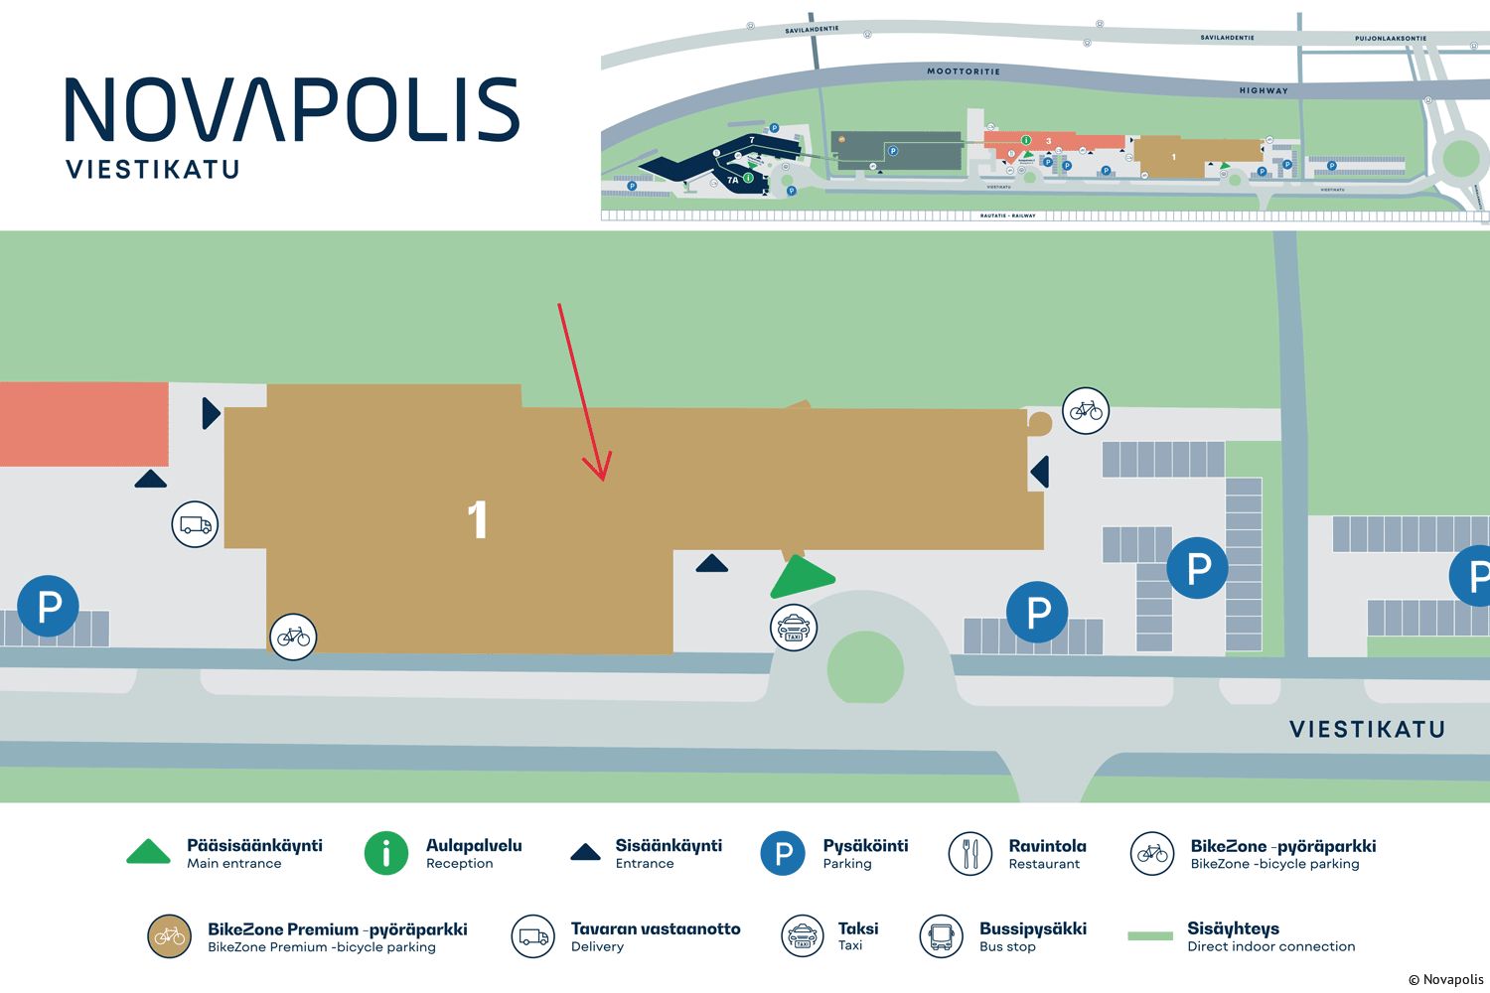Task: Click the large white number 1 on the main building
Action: coord(478,519)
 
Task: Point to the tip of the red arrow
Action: coord(603,480)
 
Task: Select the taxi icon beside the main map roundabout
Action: coord(794,628)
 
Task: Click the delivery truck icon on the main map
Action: coord(195,524)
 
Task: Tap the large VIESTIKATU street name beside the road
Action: coord(1367,729)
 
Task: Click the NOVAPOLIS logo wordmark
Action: coord(292,109)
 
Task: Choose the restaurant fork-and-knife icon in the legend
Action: coord(970,853)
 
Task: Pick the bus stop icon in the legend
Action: coord(941,936)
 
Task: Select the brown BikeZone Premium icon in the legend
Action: coord(170,936)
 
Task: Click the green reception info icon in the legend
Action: coord(386,853)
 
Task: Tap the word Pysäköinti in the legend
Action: coord(865,846)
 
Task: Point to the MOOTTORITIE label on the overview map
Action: coord(964,71)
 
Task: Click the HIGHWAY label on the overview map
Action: coord(1264,90)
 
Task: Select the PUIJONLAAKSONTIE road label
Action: coord(1390,39)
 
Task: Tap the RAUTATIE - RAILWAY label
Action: coord(1007,215)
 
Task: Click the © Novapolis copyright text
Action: coord(1445,979)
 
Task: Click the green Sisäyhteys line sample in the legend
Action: coord(1150,936)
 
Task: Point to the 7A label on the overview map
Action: coord(733,180)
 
